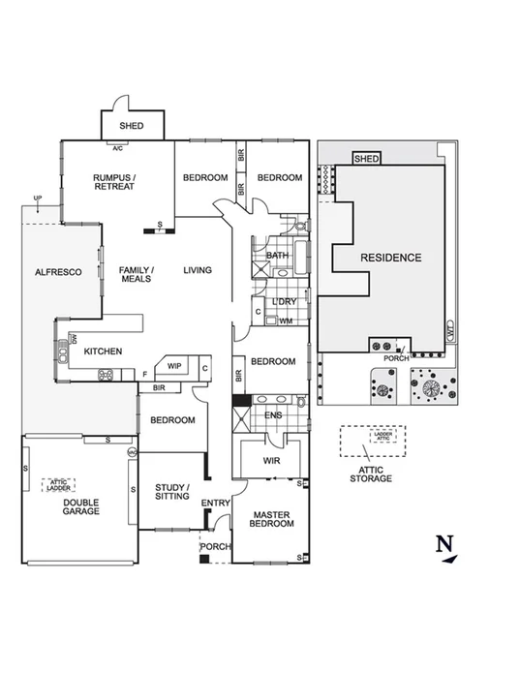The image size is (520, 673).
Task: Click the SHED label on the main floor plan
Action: tap(132, 126)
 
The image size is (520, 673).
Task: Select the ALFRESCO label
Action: tap(58, 272)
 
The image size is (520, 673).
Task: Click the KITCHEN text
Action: tap(102, 351)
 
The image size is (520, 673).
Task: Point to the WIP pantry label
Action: tap(174, 366)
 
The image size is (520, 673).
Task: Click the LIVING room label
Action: tap(198, 270)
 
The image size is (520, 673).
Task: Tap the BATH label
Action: tap(278, 256)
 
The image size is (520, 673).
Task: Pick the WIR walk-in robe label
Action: tap(271, 461)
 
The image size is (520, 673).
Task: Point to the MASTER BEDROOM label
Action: tap(271, 518)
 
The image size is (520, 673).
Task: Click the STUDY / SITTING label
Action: tap(172, 491)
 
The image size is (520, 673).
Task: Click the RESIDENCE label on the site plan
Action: tap(391, 258)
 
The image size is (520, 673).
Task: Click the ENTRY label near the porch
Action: tap(215, 503)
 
